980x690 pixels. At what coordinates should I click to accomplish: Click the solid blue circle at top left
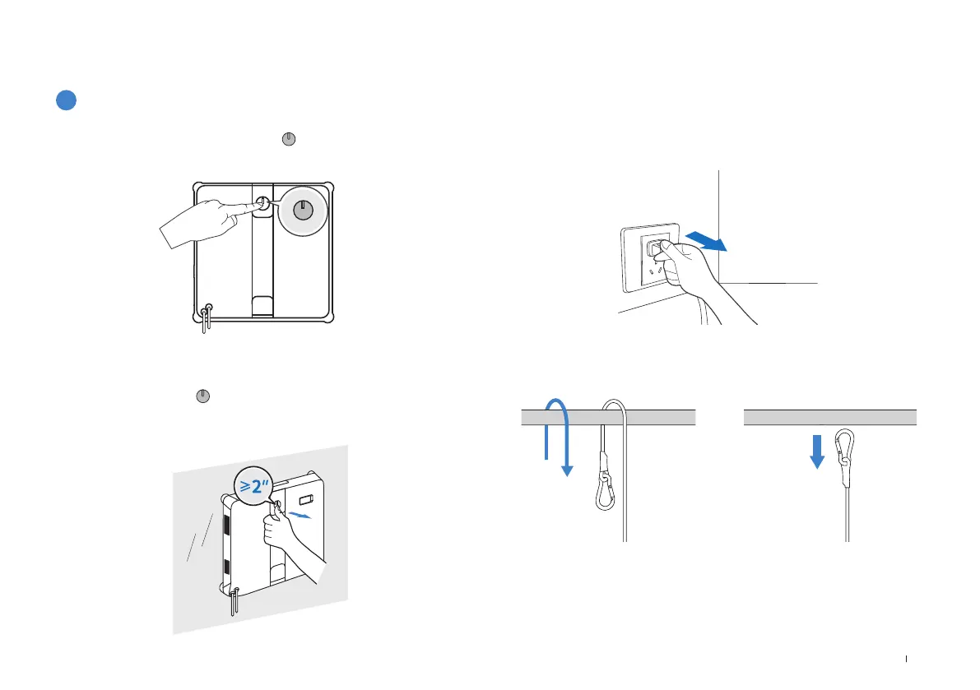pos(67,100)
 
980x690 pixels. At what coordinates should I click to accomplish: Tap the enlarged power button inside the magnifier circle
pos(304,210)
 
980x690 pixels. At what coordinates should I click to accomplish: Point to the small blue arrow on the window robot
pos(300,516)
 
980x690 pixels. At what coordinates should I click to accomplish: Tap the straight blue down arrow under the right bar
pos(817,452)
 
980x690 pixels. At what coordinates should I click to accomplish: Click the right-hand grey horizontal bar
pos(830,416)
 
